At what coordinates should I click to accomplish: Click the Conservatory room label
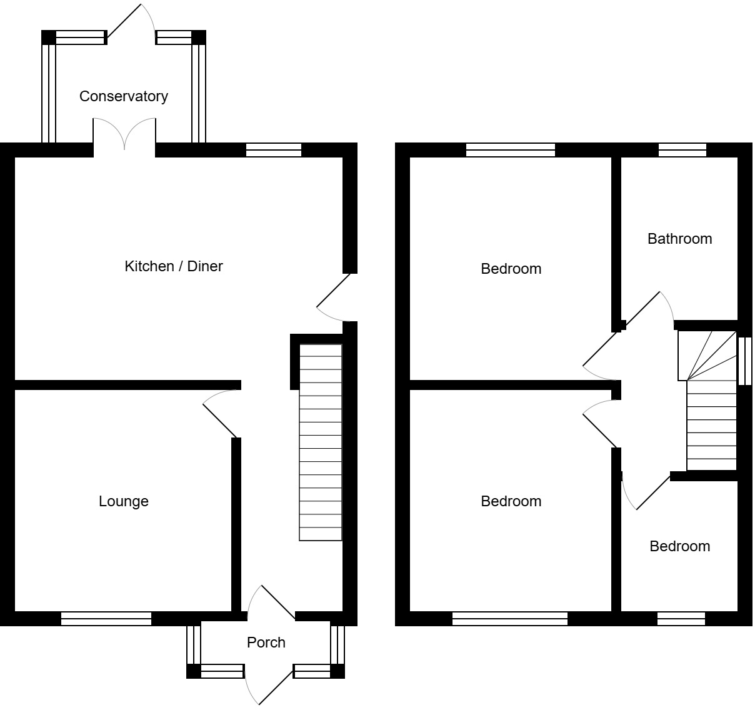click(123, 96)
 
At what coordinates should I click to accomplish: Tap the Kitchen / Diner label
click(174, 266)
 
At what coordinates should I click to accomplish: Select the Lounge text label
click(123, 501)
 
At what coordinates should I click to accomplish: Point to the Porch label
click(266, 642)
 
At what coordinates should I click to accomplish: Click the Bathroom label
click(679, 239)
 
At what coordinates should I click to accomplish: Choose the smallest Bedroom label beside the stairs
click(679, 546)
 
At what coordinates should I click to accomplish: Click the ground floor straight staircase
click(321, 442)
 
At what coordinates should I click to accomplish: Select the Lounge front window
click(106, 619)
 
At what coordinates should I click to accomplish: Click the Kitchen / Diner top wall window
click(273, 150)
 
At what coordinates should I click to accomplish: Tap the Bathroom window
click(682, 150)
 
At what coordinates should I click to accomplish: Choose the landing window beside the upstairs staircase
click(744, 361)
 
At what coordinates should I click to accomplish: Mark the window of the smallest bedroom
click(681, 619)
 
